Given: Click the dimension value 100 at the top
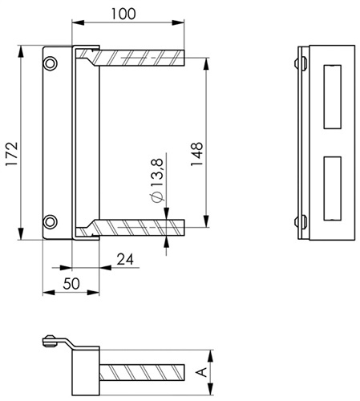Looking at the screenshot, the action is [123, 14].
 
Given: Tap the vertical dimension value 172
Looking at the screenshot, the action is [12, 154].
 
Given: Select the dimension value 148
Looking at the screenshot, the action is [197, 154].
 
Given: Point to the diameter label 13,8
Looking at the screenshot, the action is [156, 172].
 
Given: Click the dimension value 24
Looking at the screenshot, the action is [125, 259].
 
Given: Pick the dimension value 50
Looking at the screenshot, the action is [71, 284].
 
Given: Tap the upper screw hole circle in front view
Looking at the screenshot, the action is [50, 63].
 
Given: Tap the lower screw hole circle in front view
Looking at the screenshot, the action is [50, 221].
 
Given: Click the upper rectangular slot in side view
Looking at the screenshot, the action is [333, 97].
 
